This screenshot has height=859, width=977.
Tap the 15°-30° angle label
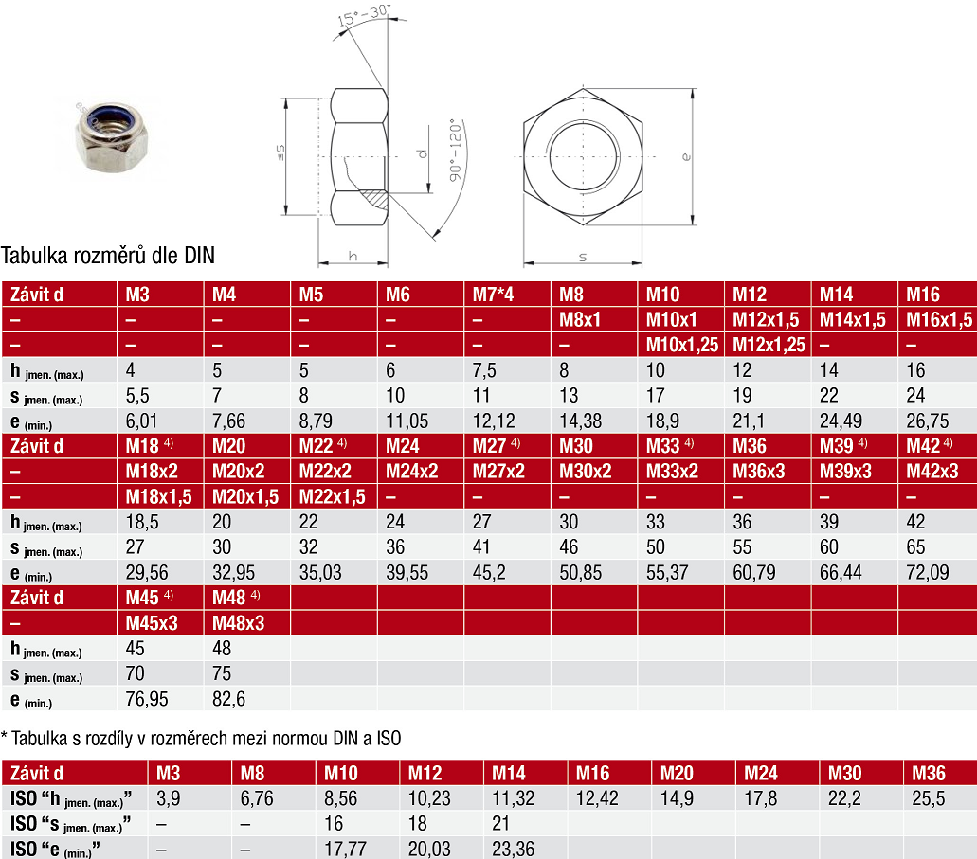pyautogui.click(x=363, y=15)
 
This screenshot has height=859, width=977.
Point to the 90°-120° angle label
pyautogui.click(x=456, y=151)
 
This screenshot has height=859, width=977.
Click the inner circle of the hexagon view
pyautogui.click(x=584, y=155)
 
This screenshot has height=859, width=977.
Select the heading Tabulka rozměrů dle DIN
pyautogui.click(x=108, y=256)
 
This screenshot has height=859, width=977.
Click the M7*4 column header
pyautogui.click(x=493, y=294)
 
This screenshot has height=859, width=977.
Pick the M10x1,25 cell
pyautogui.click(x=681, y=345)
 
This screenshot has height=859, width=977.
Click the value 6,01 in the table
pyautogui.click(x=141, y=421)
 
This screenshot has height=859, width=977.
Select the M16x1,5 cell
pyautogui.click(x=938, y=319)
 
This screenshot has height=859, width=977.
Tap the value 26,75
pyautogui.click(x=927, y=421)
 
